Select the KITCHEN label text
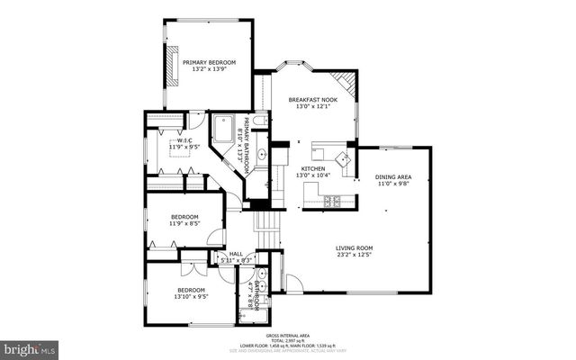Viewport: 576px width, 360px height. [312, 168]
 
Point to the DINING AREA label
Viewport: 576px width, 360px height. [393, 176]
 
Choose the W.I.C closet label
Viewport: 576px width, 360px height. [184, 140]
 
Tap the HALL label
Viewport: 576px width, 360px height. [236, 254]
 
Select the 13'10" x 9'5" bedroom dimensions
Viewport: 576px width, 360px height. [189, 295]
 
